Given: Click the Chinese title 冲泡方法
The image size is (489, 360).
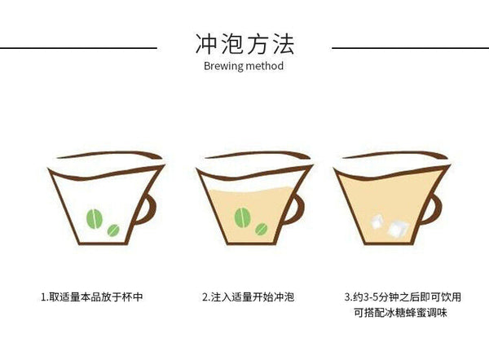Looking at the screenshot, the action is coord(244,44).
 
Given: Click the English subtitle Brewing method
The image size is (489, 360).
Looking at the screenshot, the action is coord(244,66).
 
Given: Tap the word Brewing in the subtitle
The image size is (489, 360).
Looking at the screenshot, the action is coord(223,67).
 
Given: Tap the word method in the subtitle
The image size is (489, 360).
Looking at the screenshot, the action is coord(265,66).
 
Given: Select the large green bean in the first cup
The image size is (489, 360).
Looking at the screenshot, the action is coord(95,219).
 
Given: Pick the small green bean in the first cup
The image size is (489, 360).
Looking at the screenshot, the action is coord(113,230).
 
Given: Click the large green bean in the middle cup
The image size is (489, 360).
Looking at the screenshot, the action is coord(243,217).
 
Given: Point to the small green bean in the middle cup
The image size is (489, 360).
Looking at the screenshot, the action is coord(262,229).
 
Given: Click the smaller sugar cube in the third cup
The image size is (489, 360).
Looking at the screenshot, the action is coord(377,221).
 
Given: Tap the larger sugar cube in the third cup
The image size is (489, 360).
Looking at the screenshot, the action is coord(398,230).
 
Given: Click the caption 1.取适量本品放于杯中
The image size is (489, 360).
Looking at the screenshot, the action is coord(92,296).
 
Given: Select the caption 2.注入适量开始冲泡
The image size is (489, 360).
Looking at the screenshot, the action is coord(248,296).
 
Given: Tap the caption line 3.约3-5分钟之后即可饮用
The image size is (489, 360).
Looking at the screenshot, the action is coord(403,296).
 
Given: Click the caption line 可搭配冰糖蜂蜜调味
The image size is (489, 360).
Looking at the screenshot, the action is coord(400,312).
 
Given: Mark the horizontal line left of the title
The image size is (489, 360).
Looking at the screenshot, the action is coord(78,48).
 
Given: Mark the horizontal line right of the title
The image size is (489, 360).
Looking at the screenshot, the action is coord(411,48).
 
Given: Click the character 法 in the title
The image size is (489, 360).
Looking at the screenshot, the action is coord(283,44).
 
